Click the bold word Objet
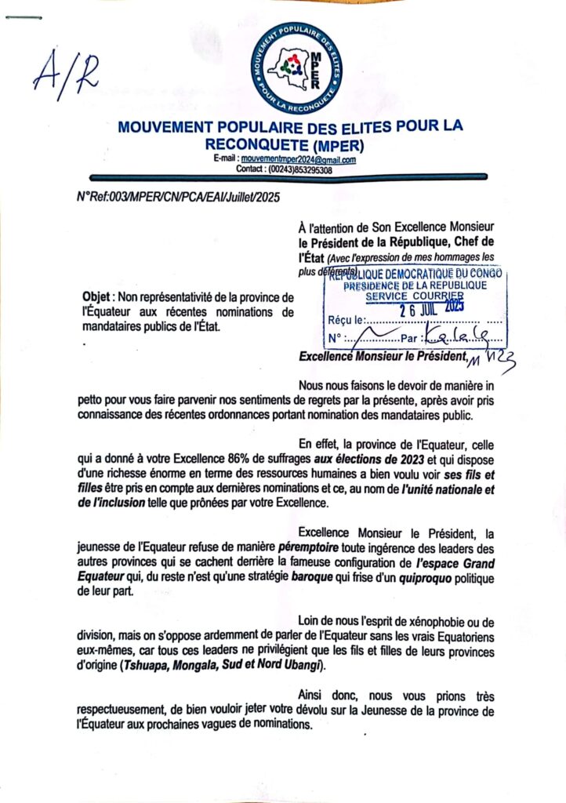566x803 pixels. tap(98, 297)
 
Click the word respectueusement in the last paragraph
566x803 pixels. tap(127, 711)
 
